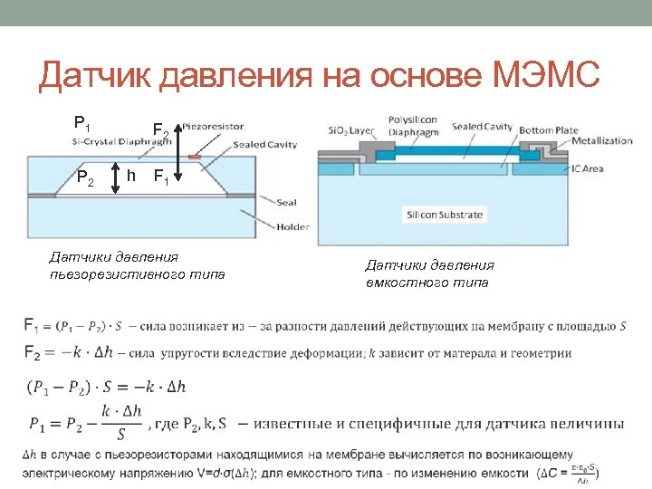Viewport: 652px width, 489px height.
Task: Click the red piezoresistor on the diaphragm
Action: pos(194,157)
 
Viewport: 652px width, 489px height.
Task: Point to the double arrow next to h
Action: pos(116,177)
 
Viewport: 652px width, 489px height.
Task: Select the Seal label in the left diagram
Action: pos(263,203)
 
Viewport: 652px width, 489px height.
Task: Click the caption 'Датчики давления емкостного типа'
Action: pos(429,273)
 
